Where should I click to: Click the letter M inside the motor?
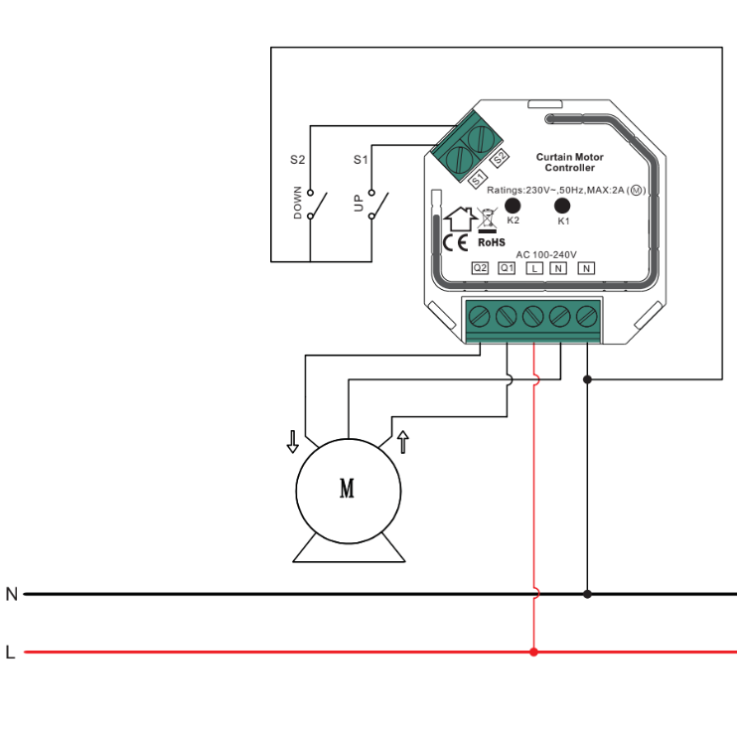(348, 489)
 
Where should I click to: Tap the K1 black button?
(562, 206)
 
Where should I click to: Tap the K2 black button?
(514, 204)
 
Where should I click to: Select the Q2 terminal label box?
(480, 268)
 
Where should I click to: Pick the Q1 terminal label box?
(507, 268)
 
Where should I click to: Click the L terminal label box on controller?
(533, 268)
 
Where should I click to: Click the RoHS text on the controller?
(492, 241)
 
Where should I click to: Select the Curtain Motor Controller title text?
(569, 162)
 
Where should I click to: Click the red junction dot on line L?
(534, 653)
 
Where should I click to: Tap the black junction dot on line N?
(587, 594)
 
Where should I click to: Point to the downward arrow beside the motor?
(292, 441)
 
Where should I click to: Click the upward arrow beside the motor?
(402, 441)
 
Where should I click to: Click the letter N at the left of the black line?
(12, 594)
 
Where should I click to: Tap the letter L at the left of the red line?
(11, 653)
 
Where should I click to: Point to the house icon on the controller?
(459, 216)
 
